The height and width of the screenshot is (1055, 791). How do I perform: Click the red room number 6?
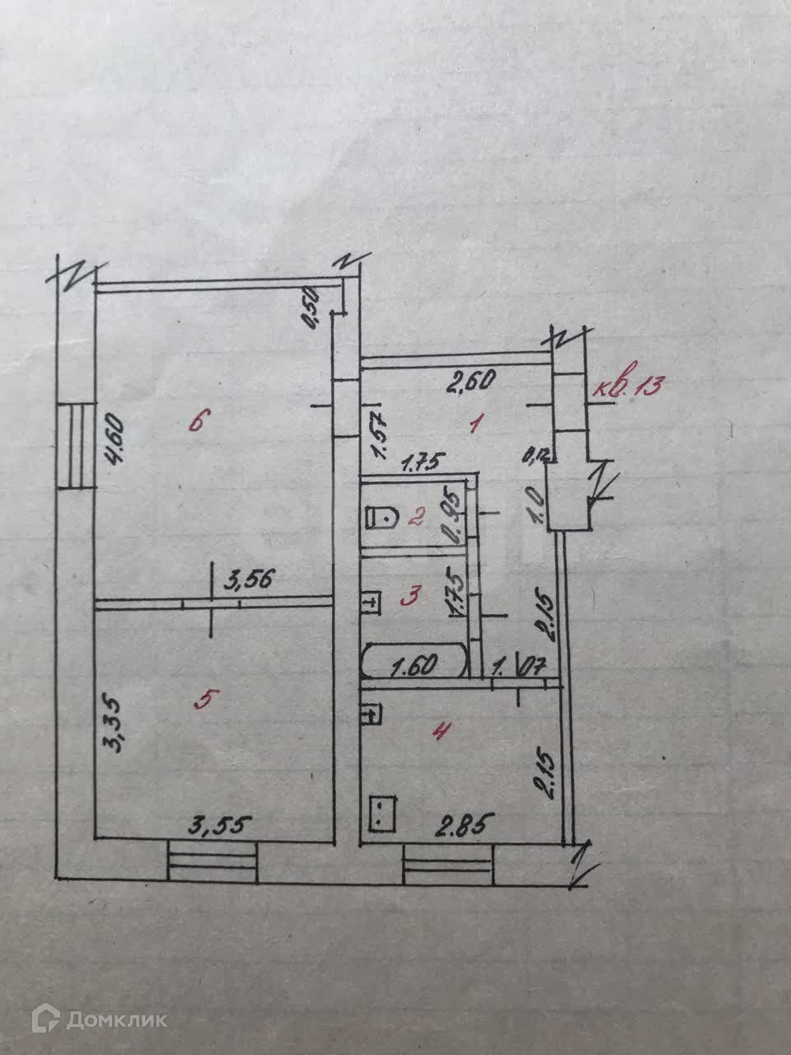(195, 422)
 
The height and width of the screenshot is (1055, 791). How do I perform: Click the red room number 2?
(417, 517)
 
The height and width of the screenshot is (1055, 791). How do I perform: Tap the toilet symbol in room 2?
(380, 518)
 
